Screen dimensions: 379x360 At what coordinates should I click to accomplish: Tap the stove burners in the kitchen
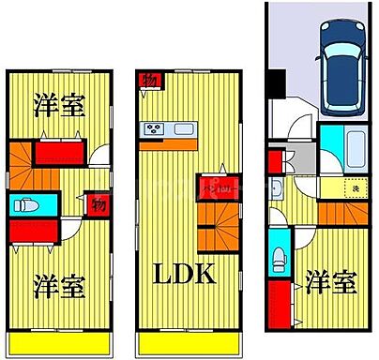point(154,128)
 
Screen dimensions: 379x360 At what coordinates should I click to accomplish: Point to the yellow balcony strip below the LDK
point(184,344)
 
